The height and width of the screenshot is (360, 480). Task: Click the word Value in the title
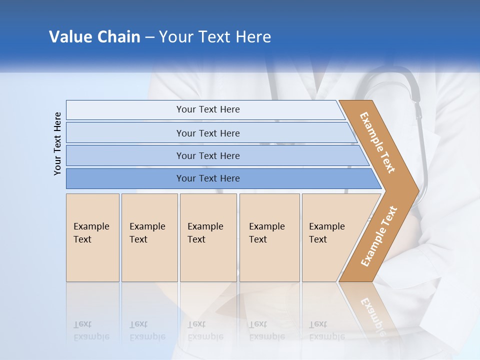click(69, 37)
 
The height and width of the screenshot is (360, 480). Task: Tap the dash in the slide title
click(149, 37)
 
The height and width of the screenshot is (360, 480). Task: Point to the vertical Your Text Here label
click(57, 143)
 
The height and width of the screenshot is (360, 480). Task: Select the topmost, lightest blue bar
click(207, 109)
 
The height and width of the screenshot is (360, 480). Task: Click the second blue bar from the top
click(207, 133)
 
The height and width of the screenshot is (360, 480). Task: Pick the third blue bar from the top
click(207, 155)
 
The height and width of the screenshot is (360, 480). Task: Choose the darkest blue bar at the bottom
click(207, 178)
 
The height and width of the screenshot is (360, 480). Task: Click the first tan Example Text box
click(92, 237)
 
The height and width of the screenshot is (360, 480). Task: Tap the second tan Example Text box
click(149, 237)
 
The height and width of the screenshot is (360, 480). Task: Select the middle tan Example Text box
click(208, 237)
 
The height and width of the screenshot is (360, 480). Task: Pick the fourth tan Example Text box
click(269, 237)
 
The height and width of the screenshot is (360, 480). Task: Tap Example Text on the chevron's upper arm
click(377, 142)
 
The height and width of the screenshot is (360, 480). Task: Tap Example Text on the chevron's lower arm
click(378, 236)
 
